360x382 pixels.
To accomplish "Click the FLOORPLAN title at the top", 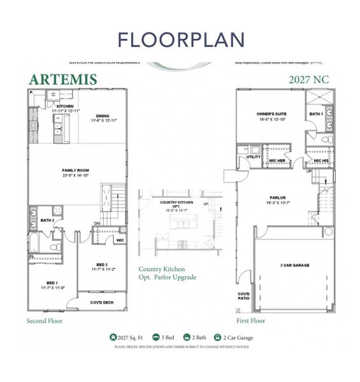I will (x=180, y=39).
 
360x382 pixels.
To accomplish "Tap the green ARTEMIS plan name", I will (x=62, y=79).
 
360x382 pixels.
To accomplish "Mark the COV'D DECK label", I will (x=101, y=302).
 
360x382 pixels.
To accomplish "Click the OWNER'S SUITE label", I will (x=269, y=116).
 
